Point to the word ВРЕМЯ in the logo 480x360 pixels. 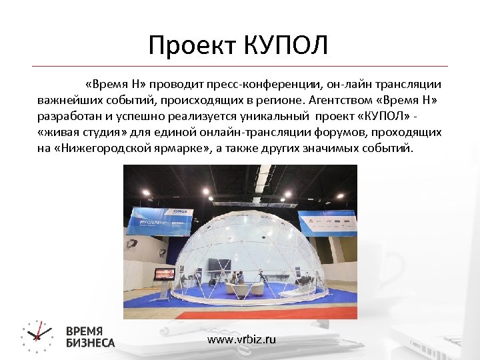click(x=85, y=331)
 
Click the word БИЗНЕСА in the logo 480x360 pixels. click(x=91, y=343)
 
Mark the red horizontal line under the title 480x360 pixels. click(x=240, y=66)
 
